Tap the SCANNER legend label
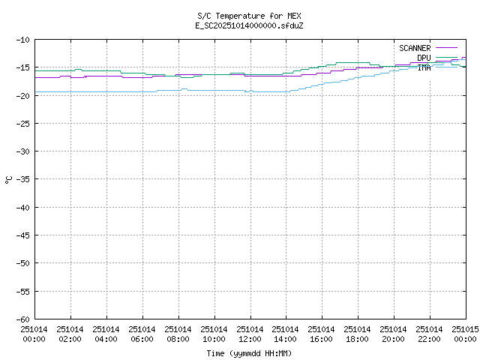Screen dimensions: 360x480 tap(415, 48)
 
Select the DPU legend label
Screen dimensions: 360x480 tap(424, 58)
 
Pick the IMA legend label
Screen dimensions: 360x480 tap(424, 67)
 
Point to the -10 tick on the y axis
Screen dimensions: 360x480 tap(22, 40)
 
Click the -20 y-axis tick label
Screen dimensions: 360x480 tap(22, 95)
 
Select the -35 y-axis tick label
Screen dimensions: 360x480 tap(22, 179)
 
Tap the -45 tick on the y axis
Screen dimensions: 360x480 tap(22, 235)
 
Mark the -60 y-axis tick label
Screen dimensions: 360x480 tap(22, 319)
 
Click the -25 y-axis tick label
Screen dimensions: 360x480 tap(22, 123)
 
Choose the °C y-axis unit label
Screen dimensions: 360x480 tap(8, 179)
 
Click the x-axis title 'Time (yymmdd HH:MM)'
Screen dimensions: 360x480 tap(249, 353)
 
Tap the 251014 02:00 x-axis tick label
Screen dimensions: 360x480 tap(70, 334)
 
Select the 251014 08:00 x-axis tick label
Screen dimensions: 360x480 tap(178, 334)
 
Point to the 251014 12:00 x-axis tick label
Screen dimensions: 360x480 tap(250, 334)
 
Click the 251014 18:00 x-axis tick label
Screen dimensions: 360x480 tap(358, 334)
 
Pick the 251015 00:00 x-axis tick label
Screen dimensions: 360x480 tap(465, 334)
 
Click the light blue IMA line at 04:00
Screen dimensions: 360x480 tap(106, 91)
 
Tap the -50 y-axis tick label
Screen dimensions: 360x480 tap(22, 263)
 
